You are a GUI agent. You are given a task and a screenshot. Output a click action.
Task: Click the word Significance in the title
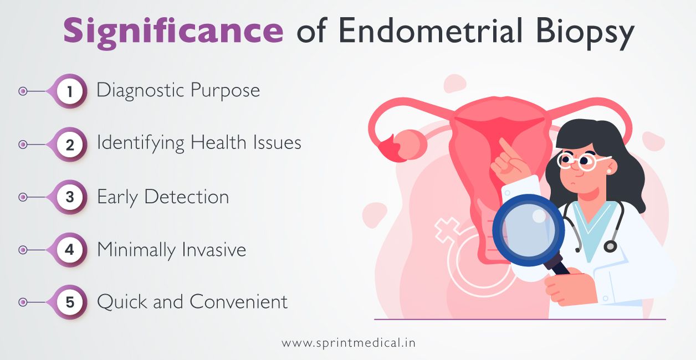pyautogui.click(x=173, y=32)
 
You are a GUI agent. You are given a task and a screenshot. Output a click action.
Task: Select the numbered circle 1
pyautogui.click(x=70, y=91)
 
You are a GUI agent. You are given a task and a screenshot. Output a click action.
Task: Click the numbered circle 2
pyautogui.click(x=70, y=145)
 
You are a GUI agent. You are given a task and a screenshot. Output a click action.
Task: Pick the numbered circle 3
pyautogui.click(x=70, y=197)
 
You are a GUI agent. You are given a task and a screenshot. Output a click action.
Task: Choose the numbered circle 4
pyautogui.click(x=70, y=250)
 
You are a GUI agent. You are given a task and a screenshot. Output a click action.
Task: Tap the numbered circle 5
pyautogui.click(x=70, y=302)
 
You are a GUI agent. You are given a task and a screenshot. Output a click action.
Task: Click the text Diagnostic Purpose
pyautogui.click(x=178, y=91)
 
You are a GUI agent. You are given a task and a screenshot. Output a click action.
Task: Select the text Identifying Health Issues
pyautogui.click(x=199, y=143)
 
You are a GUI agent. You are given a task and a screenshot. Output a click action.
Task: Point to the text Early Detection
pyautogui.click(x=162, y=197)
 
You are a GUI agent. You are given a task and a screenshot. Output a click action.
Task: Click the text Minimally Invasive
pyautogui.click(x=171, y=250)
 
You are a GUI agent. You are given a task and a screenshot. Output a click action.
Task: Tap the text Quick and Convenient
pyautogui.click(x=192, y=302)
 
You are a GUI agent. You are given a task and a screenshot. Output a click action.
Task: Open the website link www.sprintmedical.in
pyautogui.click(x=348, y=343)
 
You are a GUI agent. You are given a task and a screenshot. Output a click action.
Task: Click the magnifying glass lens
pyautogui.click(x=528, y=229)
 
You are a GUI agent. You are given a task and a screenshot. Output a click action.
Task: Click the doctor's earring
pyautogui.click(x=610, y=172)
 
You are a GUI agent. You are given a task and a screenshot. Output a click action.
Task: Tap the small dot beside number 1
pyautogui.click(x=23, y=91)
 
